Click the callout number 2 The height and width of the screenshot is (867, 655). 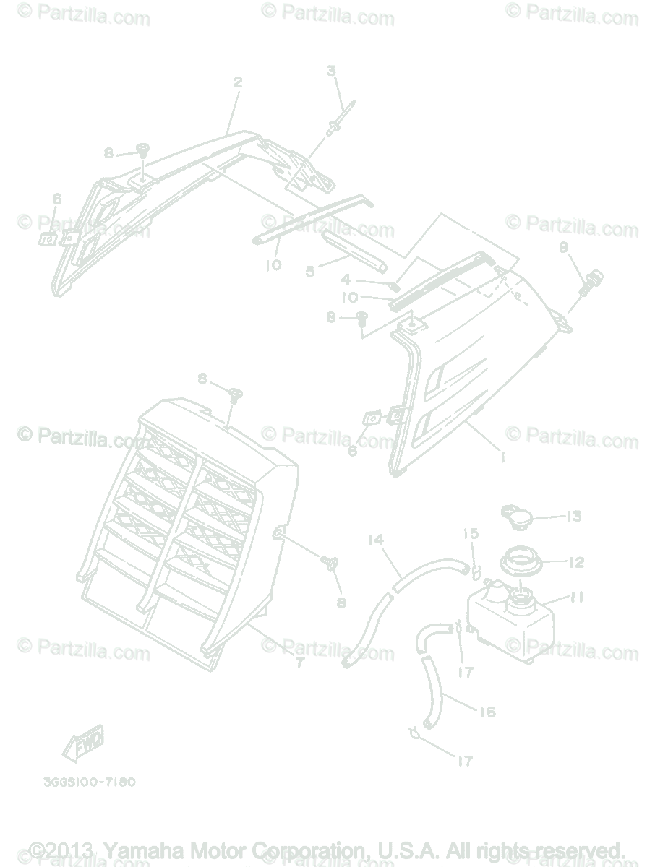(x=238, y=82)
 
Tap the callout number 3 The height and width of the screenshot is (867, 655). (x=331, y=71)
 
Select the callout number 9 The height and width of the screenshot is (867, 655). (x=564, y=248)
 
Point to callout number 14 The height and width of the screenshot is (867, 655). (x=374, y=539)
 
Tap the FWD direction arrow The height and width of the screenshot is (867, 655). (x=82, y=742)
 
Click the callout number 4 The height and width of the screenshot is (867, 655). (x=346, y=279)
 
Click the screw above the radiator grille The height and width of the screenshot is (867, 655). (x=235, y=394)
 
